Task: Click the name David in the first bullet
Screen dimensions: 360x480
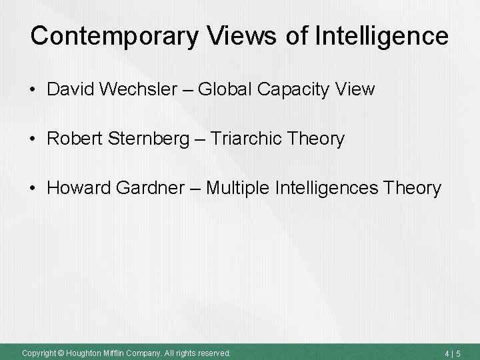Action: (x=71, y=89)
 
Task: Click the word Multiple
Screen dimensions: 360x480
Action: (x=241, y=189)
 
